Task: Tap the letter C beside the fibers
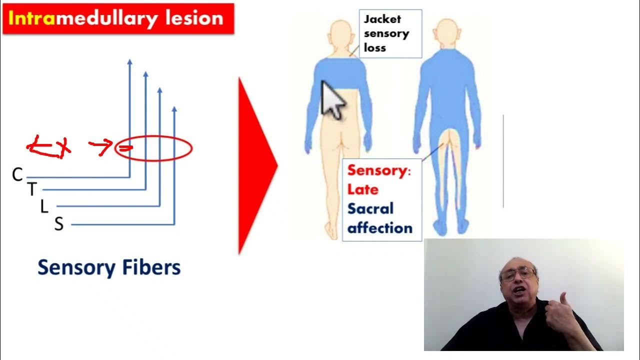(17, 174)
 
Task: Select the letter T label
(32, 189)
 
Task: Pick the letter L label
(44, 206)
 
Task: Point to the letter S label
(59, 224)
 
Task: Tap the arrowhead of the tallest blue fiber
(129, 62)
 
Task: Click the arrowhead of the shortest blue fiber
(174, 109)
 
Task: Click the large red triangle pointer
(255, 165)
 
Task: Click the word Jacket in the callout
(382, 19)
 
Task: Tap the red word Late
(363, 189)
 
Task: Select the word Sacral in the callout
(370, 208)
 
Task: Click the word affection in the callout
(380, 228)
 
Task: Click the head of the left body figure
(341, 34)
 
